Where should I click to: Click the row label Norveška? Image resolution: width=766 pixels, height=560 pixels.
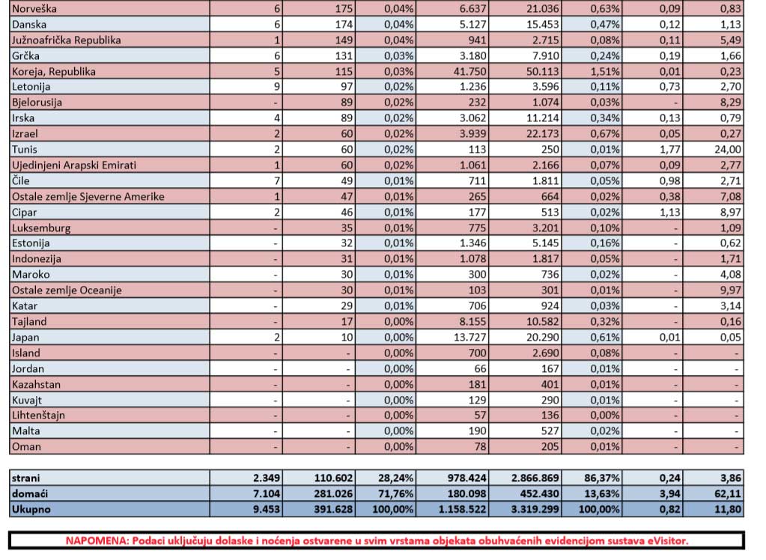pos(34,8)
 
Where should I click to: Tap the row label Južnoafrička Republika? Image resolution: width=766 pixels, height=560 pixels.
pos(66,40)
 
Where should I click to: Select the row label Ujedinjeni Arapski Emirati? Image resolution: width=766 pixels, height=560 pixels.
pos(73,165)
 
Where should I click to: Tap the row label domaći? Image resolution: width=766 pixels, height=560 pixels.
pos(30,493)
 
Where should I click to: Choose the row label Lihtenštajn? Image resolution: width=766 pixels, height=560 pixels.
pos(37,416)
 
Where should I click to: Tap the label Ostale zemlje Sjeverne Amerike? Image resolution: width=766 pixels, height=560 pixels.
pos(87,196)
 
